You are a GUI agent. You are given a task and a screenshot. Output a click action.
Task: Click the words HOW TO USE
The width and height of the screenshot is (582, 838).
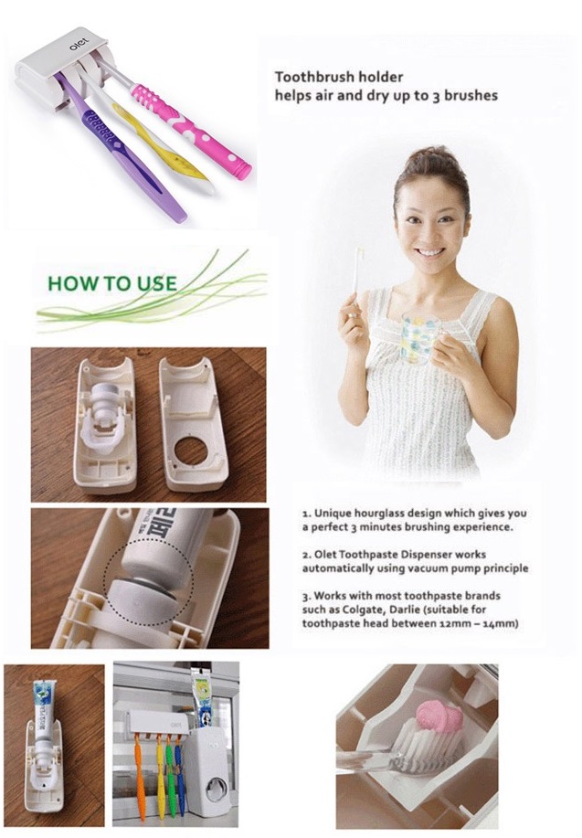(x=112, y=283)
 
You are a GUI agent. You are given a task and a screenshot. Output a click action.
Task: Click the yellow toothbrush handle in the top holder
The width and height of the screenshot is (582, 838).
(x=160, y=144)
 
